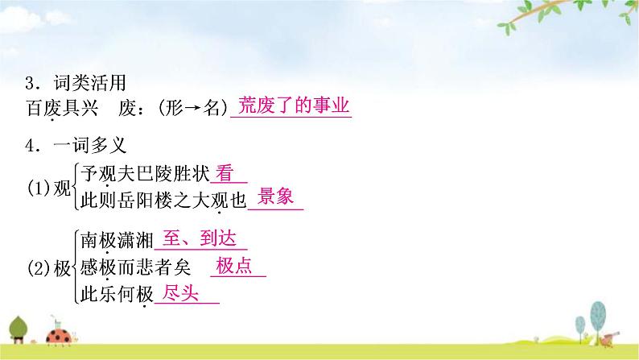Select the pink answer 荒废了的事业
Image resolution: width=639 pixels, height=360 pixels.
291,106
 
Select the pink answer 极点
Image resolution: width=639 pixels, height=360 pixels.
235,267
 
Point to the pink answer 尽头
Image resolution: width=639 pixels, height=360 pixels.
180,293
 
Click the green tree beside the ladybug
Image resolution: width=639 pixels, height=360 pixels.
21,326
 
